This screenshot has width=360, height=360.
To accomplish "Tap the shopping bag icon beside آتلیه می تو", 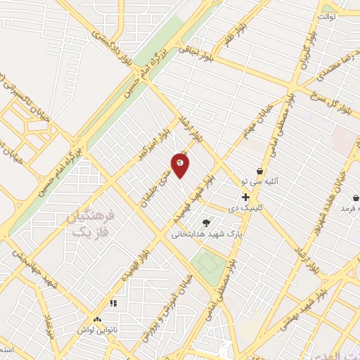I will point(259,171).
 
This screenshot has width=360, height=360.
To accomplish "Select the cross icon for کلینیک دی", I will point(245,198).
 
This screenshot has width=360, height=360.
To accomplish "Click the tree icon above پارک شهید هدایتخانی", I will point(205,222).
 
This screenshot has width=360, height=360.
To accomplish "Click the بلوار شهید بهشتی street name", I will point(329,317).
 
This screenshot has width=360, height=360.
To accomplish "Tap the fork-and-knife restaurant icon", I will point(112,304).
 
